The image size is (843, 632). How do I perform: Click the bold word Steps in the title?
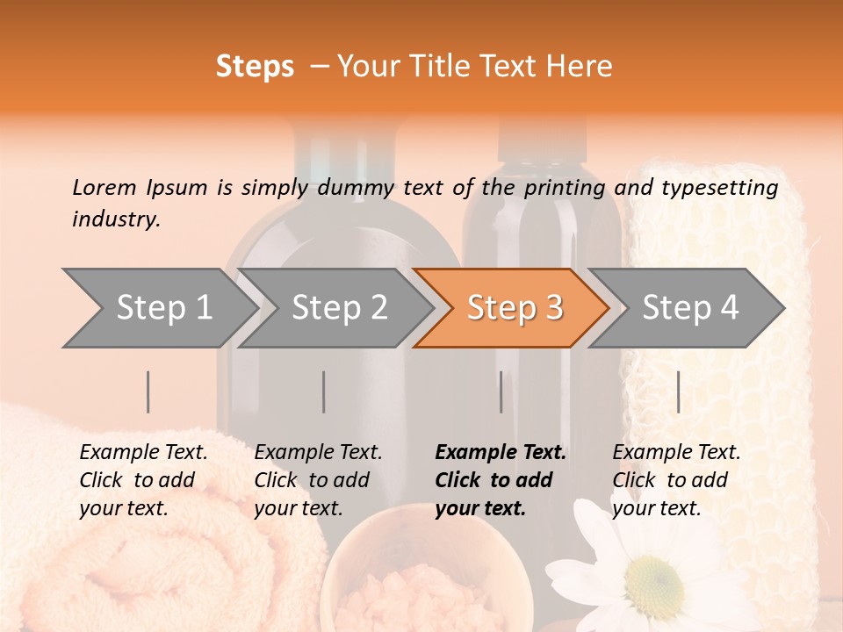tap(255, 67)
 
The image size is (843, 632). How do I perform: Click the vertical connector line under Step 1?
tap(148, 391)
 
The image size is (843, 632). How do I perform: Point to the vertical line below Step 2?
tap(324, 391)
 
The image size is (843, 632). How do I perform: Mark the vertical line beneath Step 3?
tap(501, 391)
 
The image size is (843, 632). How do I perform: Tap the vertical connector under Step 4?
tap(678, 391)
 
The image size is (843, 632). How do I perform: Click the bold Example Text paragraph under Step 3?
tap(500, 480)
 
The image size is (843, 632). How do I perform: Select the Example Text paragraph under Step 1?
tap(143, 480)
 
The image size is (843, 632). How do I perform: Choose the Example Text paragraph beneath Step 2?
tap(318, 480)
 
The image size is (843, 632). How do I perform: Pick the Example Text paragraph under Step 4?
tap(676, 480)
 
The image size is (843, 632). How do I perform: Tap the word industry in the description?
tap(116, 219)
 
